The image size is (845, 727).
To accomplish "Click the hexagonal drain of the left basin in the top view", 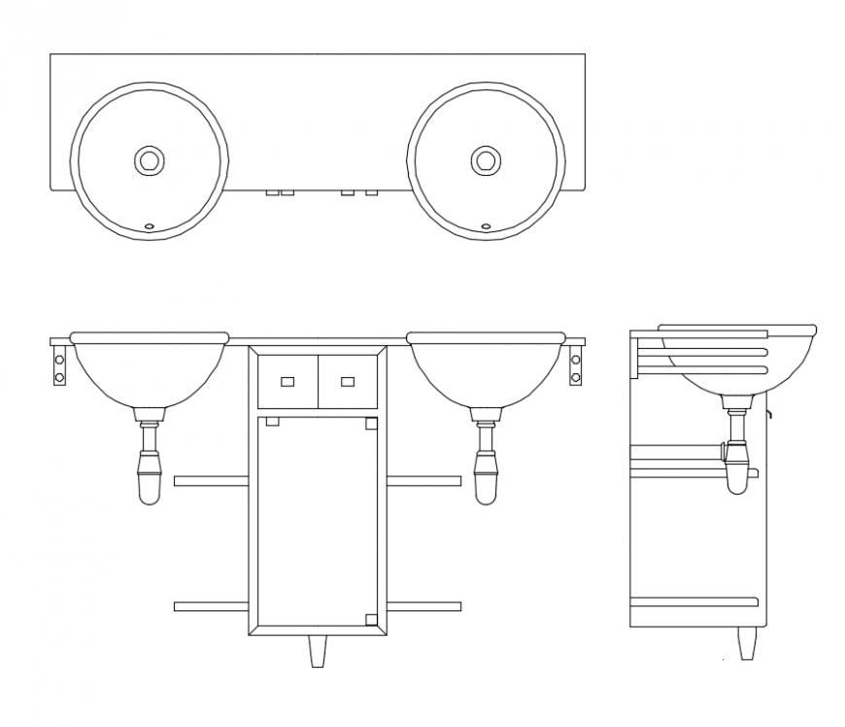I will click(149, 159).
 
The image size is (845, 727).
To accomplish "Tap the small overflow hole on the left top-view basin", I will click(149, 226).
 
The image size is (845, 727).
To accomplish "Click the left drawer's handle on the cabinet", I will click(287, 381).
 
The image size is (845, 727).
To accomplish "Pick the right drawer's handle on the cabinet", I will click(347, 381).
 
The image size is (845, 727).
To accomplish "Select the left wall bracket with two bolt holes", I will click(60, 364).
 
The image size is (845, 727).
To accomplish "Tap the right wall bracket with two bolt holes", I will click(575, 364).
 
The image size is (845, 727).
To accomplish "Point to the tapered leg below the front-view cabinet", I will click(318, 650).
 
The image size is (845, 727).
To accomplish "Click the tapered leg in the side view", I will click(746, 642).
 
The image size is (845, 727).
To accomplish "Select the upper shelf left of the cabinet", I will click(211, 480).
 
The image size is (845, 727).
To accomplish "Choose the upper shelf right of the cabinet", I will click(423, 480).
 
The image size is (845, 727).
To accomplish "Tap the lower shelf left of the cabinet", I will click(211, 606).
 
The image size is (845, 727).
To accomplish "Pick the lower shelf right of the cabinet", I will click(423, 606).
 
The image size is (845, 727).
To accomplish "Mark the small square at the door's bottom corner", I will click(370, 619).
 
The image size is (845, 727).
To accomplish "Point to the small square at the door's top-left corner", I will click(272, 422).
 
